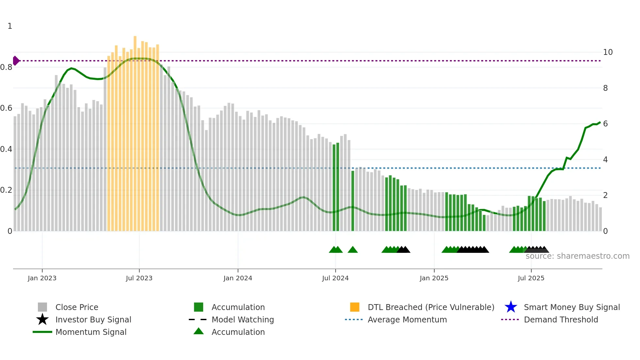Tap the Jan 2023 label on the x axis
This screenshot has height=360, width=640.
point(42,278)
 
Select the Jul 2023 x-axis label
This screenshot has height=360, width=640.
point(139,278)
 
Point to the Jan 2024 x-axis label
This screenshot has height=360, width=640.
point(238,278)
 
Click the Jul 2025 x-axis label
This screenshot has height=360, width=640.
point(531,278)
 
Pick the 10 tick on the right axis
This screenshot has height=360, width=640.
point(608,52)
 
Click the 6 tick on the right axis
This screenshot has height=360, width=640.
point(605,124)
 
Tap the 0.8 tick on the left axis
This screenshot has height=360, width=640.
point(7,68)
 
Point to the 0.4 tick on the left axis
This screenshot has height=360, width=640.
point(7,150)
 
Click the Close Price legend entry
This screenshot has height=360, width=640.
point(77,307)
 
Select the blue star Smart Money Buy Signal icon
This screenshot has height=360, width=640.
point(511,307)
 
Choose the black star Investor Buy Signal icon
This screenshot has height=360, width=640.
point(42,320)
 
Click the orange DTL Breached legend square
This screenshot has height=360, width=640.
point(355,307)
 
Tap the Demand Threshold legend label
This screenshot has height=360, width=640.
point(561,320)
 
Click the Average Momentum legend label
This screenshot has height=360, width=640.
point(407,320)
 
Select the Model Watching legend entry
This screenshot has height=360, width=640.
point(243,320)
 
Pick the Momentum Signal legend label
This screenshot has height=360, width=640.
point(91,332)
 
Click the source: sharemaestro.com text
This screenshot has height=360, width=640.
point(577,256)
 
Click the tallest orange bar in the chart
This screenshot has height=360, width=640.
point(135,131)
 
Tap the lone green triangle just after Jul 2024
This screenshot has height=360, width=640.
point(353,250)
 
